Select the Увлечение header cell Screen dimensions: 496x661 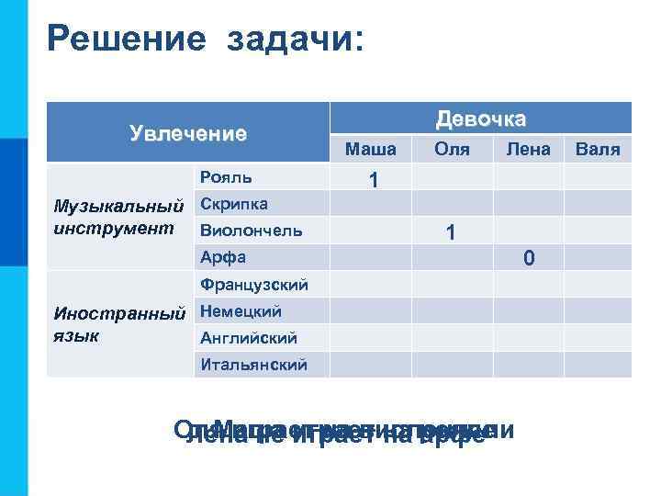click(188, 134)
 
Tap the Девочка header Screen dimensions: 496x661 click(481, 118)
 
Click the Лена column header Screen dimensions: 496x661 click(528, 149)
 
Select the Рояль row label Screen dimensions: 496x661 click(226, 176)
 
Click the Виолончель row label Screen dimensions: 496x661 click(251, 231)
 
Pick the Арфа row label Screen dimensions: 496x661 click(223, 257)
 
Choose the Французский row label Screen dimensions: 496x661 click(253, 285)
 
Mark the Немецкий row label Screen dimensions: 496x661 click(241, 311)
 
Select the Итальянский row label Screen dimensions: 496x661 click(253, 366)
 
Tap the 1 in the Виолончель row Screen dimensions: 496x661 click(450, 234)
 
